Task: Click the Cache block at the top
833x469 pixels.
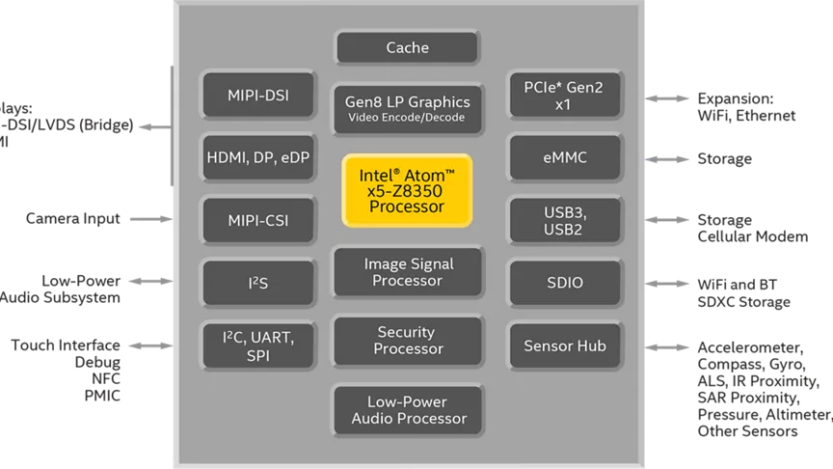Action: point(407,47)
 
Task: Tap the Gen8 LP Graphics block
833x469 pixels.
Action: point(407,108)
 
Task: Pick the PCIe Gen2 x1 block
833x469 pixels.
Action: point(563,96)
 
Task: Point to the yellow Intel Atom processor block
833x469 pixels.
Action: point(407,190)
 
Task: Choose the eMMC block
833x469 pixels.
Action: point(563,157)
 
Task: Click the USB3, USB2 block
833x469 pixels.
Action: point(563,220)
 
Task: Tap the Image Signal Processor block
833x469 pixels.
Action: point(407,272)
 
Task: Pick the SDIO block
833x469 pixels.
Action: point(563,283)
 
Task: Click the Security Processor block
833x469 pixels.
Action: point(407,340)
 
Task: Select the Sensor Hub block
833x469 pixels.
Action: point(563,345)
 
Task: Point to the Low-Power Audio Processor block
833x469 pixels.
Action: point(407,410)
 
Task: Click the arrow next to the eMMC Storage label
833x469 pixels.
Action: point(664,158)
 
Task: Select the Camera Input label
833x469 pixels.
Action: point(73,219)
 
